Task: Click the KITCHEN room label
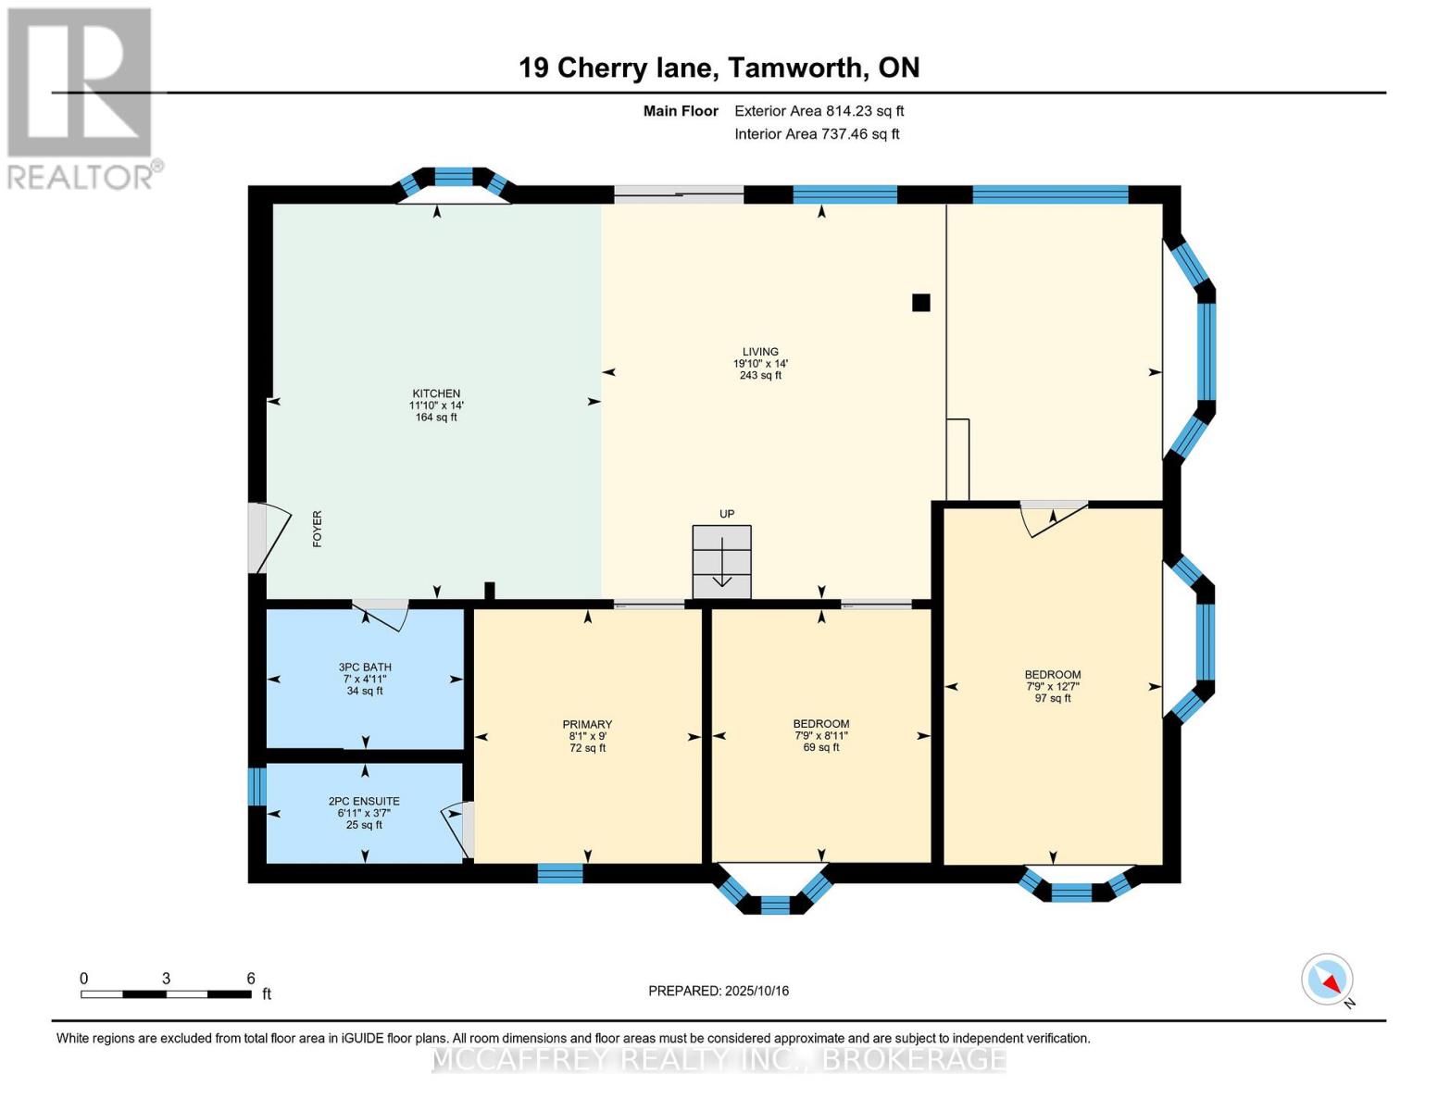point(436,393)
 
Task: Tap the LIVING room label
point(760,352)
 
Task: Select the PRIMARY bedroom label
point(587,725)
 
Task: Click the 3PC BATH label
point(365,667)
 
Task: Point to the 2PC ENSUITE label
point(364,802)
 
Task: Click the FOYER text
point(318,529)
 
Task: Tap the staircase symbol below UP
point(722,562)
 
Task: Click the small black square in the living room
point(920,303)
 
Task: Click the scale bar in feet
point(166,994)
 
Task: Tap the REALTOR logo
point(81,97)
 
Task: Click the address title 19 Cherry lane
point(719,68)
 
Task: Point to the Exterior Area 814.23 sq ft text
point(819,111)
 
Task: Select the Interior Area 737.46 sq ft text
point(817,134)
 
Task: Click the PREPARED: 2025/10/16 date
point(719,991)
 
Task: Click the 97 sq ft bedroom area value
point(1053,698)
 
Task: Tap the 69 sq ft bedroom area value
point(821,747)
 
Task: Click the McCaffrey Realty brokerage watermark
point(719,1058)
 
